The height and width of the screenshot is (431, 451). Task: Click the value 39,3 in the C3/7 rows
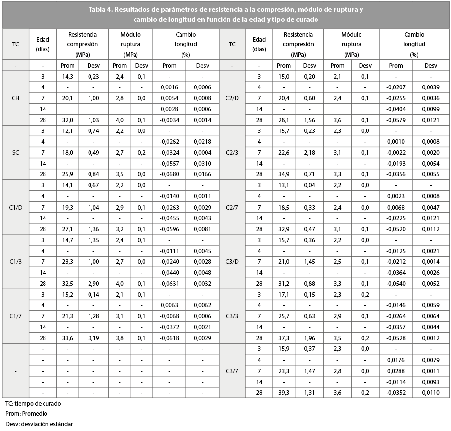pos(283,393)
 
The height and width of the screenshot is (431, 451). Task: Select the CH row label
pos(16,98)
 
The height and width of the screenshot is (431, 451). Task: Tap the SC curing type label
pos(16,152)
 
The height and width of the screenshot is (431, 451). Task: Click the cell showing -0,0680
pos(169,174)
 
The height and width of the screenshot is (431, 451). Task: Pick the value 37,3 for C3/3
pos(283,338)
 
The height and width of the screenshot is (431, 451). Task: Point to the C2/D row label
pos(232,98)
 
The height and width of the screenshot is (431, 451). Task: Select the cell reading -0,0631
pos(169,284)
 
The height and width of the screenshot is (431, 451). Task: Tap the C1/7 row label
pos(16,316)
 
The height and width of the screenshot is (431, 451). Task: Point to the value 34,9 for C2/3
pos(283,174)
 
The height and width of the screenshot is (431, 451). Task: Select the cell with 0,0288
pos(396,371)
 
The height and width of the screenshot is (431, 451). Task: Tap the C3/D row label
pos(232,262)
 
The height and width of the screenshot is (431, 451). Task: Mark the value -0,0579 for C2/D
pos(396,120)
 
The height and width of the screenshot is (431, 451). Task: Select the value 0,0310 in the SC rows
pos(202,163)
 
